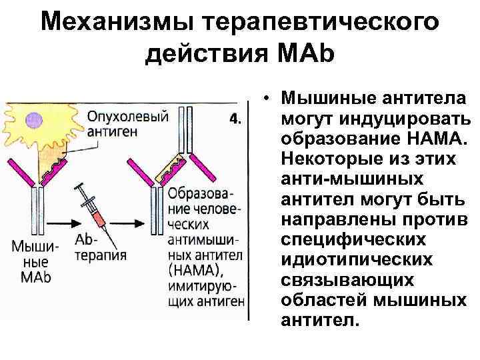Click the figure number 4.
[x=235, y=120]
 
